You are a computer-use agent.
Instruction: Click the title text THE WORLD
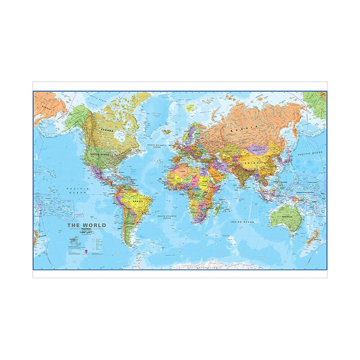pyautogui.click(x=87, y=225)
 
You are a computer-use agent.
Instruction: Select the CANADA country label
pyautogui.click(x=107, y=130)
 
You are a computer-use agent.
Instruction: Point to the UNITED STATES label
pyautogui.click(x=100, y=154)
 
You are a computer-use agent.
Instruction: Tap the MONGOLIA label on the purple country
pyautogui.click(x=260, y=150)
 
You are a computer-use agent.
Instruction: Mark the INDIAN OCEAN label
pyautogui.click(x=242, y=222)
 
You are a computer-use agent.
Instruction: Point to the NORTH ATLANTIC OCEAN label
pyautogui.click(x=157, y=146)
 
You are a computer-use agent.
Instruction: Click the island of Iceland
pyautogui.click(x=167, y=131)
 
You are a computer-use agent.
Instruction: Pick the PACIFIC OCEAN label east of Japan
pyautogui.click(x=310, y=153)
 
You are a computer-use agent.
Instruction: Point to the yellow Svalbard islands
pyautogui.click(x=191, y=108)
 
